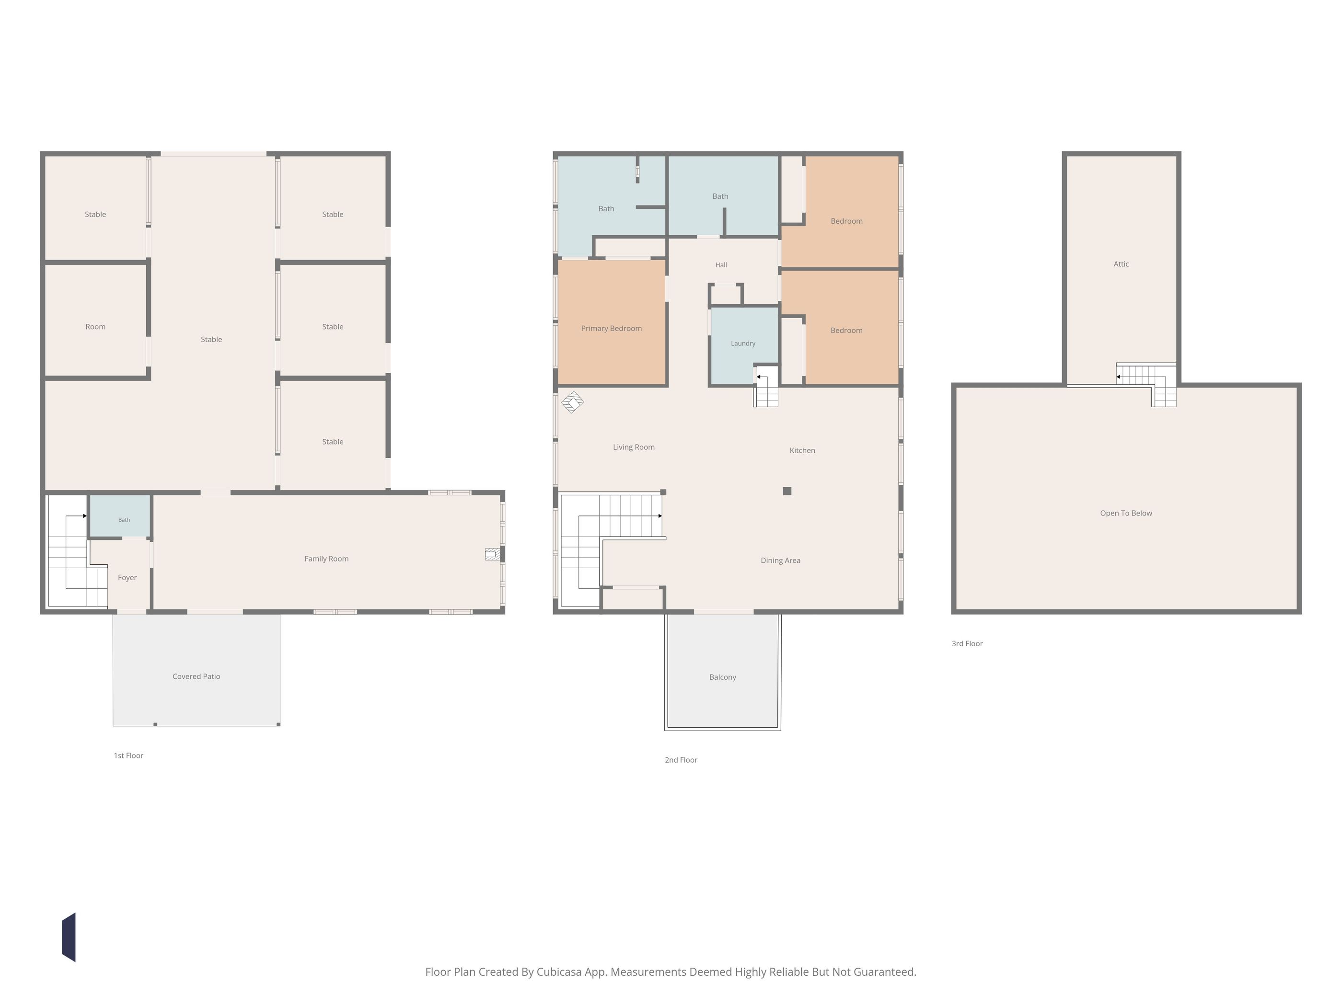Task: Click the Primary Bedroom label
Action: [x=611, y=329]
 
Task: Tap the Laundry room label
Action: [x=743, y=343]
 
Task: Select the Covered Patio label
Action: [x=196, y=676]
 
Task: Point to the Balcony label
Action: [x=723, y=677]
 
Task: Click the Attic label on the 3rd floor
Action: [x=1121, y=264]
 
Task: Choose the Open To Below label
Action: [x=1126, y=513]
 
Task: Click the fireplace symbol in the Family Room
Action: [x=493, y=554]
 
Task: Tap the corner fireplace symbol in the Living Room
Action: [x=572, y=402]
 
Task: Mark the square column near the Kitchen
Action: [x=787, y=491]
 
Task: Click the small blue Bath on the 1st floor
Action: [x=120, y=516]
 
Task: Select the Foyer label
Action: [x=127, y=577]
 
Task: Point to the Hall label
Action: [x=721, y=265]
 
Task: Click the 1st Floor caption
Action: [x=128, y=755]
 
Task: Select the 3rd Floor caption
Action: [x=967, y=643]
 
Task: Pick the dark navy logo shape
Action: [x=69, y=937]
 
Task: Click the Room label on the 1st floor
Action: [x=95, y=327]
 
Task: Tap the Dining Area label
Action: [x=780, y=560]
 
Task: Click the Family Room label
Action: [x=326, y=559]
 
